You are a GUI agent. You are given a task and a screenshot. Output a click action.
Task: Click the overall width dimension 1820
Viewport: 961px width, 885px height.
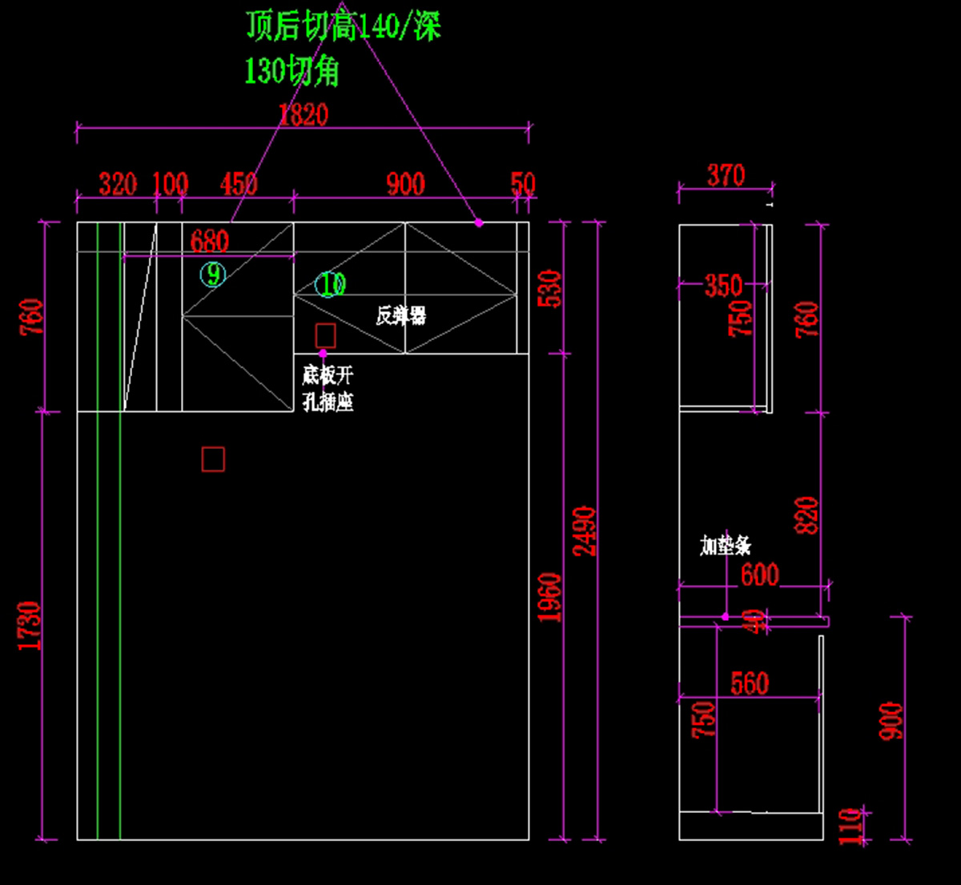pyautogui.click(x=304, y=115)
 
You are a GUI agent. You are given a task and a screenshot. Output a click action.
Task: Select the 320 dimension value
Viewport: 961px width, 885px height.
pyautogui.click(x=118, y=184)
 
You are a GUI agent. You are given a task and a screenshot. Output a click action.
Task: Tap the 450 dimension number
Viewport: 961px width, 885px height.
pyautogui.click(x=239, y=184)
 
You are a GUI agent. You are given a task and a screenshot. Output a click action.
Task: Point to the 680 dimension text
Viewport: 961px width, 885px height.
pyautogui.click(x=209, y=241)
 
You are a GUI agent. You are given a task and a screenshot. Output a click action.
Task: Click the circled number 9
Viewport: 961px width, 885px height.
pyautogui.click(x=213, y=274)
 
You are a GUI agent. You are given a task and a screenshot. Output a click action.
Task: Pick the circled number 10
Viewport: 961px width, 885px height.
pyautogui.click(x=330, y=284)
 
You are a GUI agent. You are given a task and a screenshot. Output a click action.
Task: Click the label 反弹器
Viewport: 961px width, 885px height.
pyautogui.click(x=400, y=315)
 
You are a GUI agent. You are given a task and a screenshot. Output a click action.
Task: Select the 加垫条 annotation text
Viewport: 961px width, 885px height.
pyautogui.click(x=726, y=546)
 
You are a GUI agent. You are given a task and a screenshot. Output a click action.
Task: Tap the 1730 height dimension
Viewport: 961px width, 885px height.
pyautogui.click(x=29, y=626)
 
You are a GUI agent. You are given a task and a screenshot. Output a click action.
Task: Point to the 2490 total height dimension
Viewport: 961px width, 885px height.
pyautogui.click(x=585, y=531)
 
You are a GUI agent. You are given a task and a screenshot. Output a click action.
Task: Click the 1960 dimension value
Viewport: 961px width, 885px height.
pyautogui.click(x=549, y=597)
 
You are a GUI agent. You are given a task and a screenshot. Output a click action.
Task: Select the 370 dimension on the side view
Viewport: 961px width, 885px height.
pyautogui.click(x=726, y=175)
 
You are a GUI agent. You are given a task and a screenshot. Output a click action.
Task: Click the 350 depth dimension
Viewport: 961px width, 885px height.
pyautogui.click(x=723, y=286)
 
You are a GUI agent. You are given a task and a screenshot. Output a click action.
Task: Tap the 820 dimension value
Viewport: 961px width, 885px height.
pyautogui.click(x=807, y=516)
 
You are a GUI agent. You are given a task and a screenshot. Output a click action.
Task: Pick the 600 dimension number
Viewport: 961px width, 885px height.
pyautogui.click(x=759, y=575)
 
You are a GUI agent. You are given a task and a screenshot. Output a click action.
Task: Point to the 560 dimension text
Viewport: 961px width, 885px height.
pyautogui.click(x=750, y=683)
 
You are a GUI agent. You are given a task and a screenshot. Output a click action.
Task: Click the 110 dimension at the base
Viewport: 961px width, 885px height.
pyautogui.click(x=850, y=826)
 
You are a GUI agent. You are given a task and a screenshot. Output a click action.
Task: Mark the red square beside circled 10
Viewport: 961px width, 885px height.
pyautogui.click(x=325, y=335)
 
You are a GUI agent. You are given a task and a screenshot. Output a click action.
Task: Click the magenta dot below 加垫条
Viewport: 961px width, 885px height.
pyautogui.click(x=726, y=617)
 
